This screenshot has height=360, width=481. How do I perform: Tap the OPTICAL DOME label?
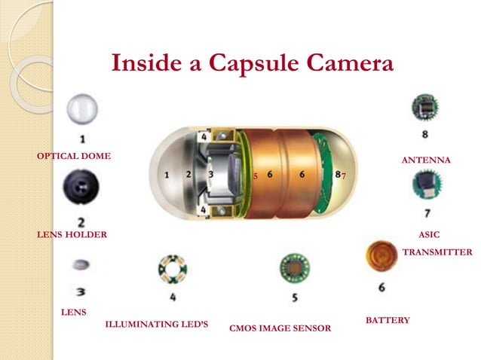click(x=74, y=156)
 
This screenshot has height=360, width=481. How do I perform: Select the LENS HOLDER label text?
click(x=72, y=234)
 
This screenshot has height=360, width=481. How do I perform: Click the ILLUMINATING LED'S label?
click(x=157, y=325)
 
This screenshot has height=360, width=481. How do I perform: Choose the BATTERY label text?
click(x=388, y=320)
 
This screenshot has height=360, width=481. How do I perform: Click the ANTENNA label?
click(x=426, y=160)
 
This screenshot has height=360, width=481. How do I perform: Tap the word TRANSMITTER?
click(x=437, y=252)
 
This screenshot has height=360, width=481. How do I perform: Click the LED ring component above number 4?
click(x=172, y=269)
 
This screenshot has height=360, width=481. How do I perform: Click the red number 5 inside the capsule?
click(x=256, y=176)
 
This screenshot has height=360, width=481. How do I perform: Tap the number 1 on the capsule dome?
click(x=167, y=175)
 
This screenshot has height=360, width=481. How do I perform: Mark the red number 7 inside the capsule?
click(x=343, y=176)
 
